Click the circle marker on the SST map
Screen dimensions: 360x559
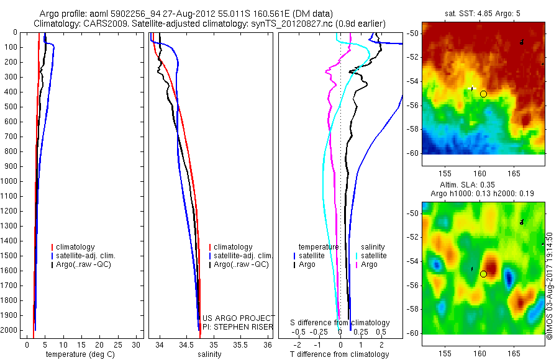[483, 94]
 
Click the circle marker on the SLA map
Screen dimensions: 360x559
[483, 274]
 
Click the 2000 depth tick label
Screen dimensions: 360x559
[11, 331]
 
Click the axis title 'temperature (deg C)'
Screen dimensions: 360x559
[79, 354]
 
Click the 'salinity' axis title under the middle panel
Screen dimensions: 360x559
[210, 354]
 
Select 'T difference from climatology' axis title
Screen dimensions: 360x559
[339, 354]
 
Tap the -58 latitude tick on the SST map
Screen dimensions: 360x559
[412, 129]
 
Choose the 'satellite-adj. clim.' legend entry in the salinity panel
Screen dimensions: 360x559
[242, 256]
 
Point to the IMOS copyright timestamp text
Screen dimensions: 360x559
[550, 286]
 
